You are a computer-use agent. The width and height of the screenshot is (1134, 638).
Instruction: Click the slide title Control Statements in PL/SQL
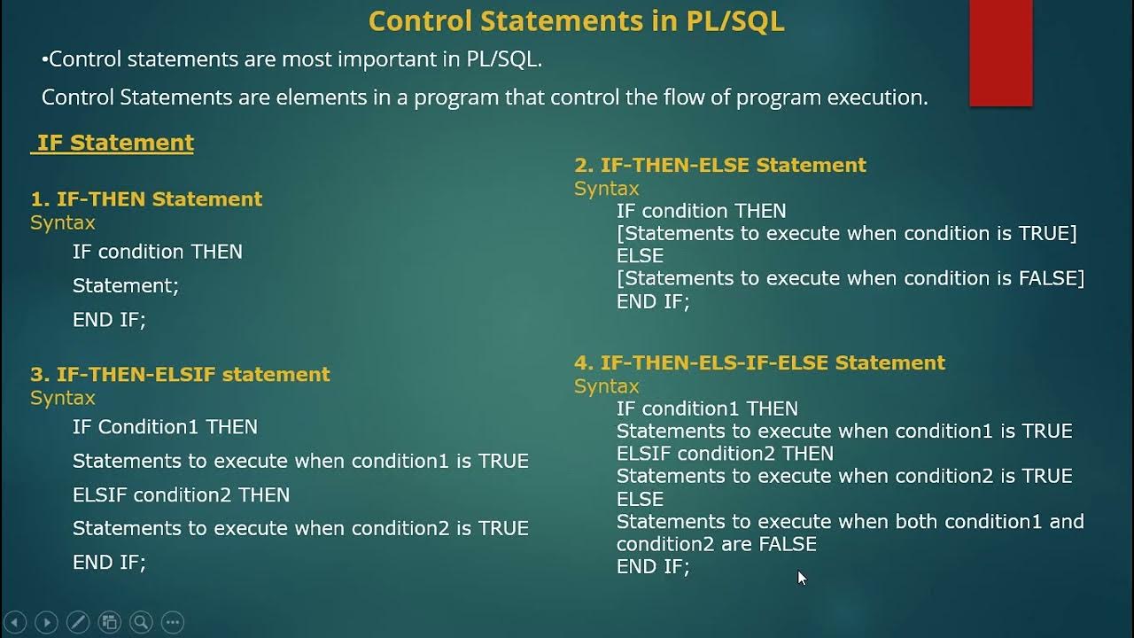[x=576, y=21]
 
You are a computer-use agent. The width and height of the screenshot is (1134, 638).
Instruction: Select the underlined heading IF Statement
[x=114, y=143]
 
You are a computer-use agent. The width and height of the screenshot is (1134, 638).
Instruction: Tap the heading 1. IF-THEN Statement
[x=146, y=199]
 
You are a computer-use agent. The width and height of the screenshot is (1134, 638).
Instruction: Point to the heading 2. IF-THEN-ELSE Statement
[x=719, y=165]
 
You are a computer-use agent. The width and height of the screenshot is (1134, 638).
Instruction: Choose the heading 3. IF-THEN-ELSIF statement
[x=180, y=374]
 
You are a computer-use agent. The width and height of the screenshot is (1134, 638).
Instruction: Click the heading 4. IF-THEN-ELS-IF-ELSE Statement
[x=759, y=362]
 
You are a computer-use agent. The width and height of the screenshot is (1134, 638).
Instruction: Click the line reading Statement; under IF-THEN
[x=126, y=285]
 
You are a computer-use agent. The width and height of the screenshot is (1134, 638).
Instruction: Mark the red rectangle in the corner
[x=1001, y=53]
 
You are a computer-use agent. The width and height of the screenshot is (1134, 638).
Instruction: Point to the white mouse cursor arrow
[x=802, y=578]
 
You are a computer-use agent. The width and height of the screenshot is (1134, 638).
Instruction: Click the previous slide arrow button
[x=15, y=622]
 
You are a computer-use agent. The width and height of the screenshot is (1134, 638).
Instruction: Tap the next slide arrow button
[x=46, y=622]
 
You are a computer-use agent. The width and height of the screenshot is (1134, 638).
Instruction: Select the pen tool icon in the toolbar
[x=78, y=622]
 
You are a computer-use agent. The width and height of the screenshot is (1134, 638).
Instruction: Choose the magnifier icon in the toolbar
[x=141, y=622]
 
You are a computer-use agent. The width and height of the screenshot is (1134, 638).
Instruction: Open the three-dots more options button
[x=173, y=622]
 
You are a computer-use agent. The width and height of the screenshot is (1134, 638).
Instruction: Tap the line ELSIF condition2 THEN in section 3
[x=181, y=494]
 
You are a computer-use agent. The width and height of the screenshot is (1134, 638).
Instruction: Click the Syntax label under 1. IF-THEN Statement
[x=62, y=222]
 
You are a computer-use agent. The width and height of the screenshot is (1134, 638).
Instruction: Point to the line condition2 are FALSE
[x=716, y=544]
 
